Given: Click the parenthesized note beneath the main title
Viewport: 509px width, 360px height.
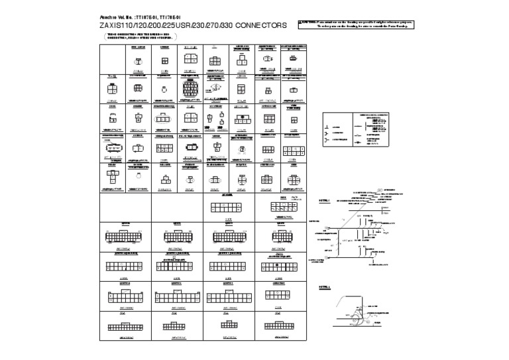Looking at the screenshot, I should (132, 36).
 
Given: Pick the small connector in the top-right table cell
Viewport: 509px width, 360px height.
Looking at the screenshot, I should (291, 59).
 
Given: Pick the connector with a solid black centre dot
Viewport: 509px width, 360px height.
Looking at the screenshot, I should (278, 266).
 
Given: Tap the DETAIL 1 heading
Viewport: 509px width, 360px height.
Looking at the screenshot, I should (324, 200).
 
